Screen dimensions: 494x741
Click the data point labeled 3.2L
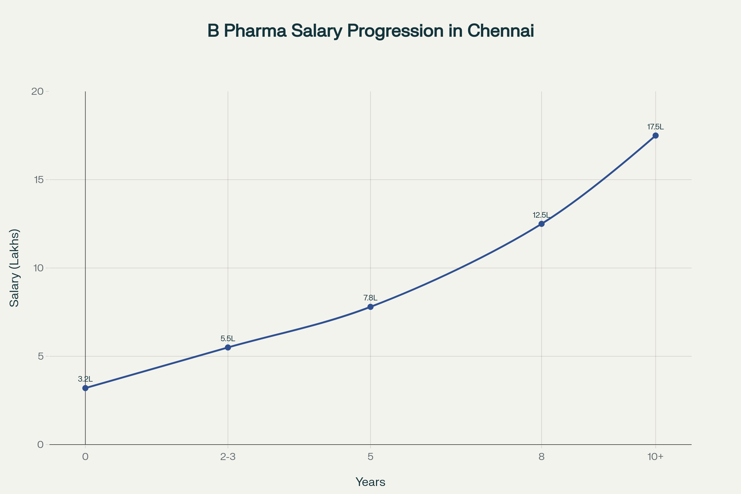tap(86, 388)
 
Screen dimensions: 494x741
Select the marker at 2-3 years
tap(228, 348)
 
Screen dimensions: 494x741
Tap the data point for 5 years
tap(371, 307)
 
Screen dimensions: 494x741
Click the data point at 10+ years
tap(655, 136)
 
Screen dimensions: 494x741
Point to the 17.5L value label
tap(655, 127)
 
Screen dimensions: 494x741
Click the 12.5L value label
tap(541, 215)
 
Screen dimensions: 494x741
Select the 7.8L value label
tap(370, 298)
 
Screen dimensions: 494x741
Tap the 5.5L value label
tap(228, 339)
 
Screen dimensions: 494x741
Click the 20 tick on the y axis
tap(37, 91)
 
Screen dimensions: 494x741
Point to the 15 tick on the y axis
tap(38, 180)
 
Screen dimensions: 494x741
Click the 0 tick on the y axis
tap(40, 445)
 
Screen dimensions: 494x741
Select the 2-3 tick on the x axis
tap(228, 457)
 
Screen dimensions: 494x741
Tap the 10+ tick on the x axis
tap(655, 457)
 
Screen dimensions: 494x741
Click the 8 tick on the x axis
tap(542, 457)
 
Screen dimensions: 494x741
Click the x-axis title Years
tap(370, 482)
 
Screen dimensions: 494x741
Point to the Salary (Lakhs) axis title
tap(15, 268)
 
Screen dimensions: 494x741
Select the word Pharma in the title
tap(255, 31)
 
